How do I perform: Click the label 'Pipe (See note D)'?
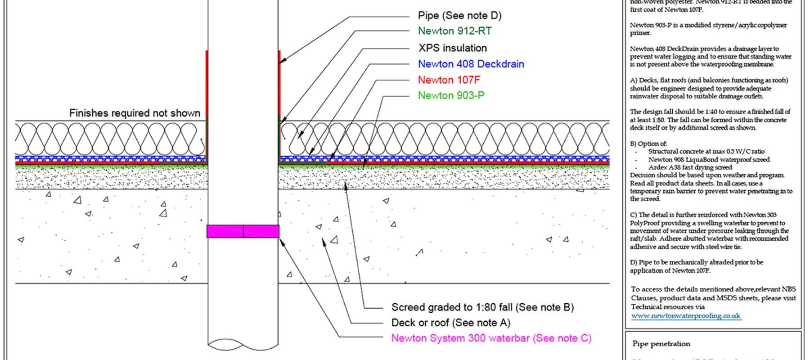point(459,16)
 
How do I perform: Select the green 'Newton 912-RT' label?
point(454,31)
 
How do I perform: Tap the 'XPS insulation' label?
point(452,48)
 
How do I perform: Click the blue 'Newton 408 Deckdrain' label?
point(471,64)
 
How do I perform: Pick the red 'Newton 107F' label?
point(449,80)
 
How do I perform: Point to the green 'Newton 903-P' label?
point(451,95)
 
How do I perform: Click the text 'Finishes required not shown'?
point(135,113)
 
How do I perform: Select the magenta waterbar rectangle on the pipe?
point(243,231)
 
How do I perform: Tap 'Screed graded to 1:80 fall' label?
point(482,307)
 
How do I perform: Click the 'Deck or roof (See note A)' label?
point(450,323)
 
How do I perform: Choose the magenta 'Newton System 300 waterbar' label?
point(491,338)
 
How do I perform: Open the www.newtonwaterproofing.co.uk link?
point(685,316)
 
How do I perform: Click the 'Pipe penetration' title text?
point(661,344)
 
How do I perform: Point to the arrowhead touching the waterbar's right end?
point(282,242)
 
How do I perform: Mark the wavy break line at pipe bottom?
point(243,344)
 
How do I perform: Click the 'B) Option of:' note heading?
point(648,144)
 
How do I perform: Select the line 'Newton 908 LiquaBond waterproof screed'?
point(709,160)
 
